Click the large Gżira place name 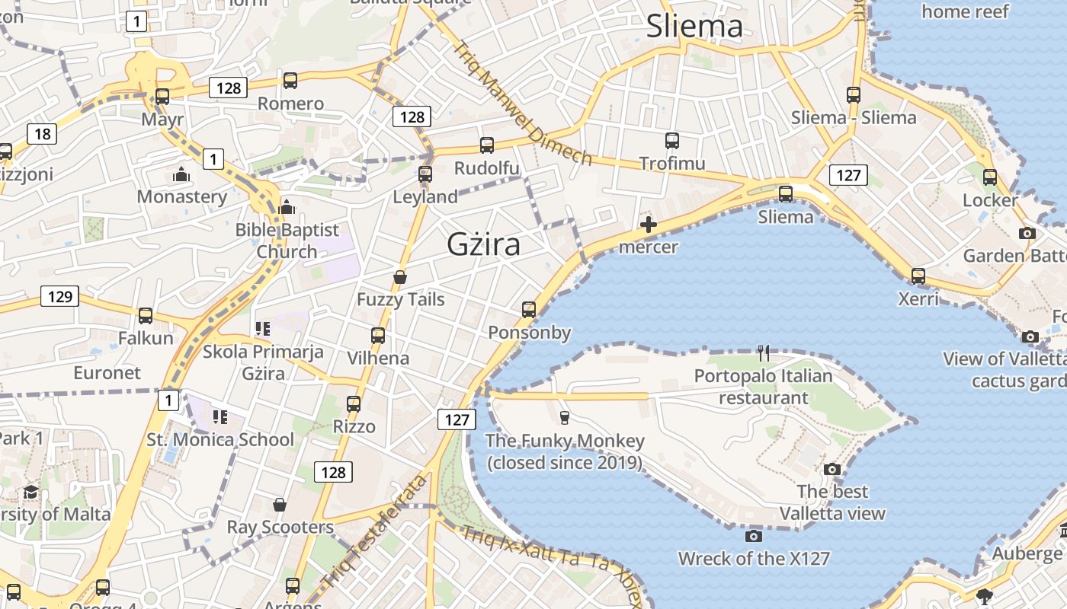coord(483,244)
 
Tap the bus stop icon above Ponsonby coord(529,310)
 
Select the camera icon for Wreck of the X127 coord(754,536)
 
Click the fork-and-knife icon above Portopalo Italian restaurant coord(764,352)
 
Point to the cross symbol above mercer coord(649,225)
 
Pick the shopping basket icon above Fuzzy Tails coord(400,277)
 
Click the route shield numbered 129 coord(59,296)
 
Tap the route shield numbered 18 coord(42,135)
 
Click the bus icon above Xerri coord(918,276)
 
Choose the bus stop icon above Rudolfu coord(486,145)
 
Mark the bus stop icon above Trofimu coord(671,141)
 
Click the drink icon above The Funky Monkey coord(564,416)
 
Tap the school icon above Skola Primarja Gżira coord(263,329)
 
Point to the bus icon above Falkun coord(146,315)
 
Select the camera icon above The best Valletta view coord(832,469)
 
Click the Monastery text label coord(182,196)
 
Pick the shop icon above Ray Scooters coord(280,505)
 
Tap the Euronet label coord(107,372)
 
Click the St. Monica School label coord(220,439)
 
